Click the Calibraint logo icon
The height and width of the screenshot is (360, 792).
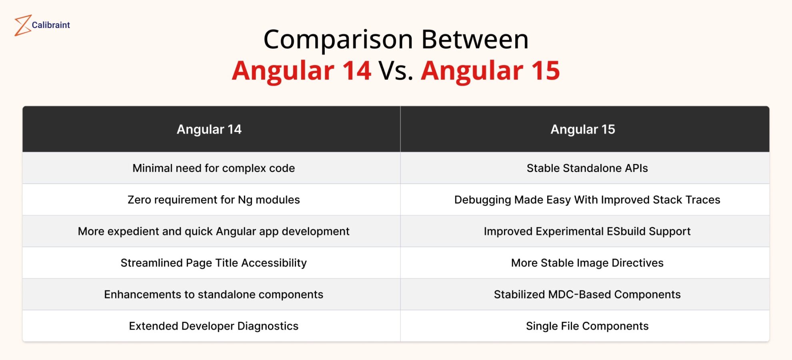[22, 25]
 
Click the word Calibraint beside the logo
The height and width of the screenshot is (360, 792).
[51, 25]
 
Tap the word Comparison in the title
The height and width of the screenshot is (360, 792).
[338, 40]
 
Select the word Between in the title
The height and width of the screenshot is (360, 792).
[475, 40]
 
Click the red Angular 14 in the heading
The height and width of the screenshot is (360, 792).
[302, 71]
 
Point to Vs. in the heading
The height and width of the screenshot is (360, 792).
[396, 71]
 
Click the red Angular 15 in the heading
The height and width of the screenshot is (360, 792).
[490, 71]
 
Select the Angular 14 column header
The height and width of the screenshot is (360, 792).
[209, 129]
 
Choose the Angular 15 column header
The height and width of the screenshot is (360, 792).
[583, 129]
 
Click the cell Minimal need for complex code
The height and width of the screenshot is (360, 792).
[214, 168]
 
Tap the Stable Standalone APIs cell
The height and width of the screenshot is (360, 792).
[587, 168]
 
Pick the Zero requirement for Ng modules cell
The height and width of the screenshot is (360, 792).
[214, 200]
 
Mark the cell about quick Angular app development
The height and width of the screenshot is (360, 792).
[214, 231]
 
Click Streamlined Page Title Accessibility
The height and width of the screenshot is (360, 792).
[214, 263]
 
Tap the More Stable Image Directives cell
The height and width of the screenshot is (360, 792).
[587, 263]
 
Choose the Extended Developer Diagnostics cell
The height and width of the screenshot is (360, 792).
[214, 326]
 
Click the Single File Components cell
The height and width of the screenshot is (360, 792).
[587, 326]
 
